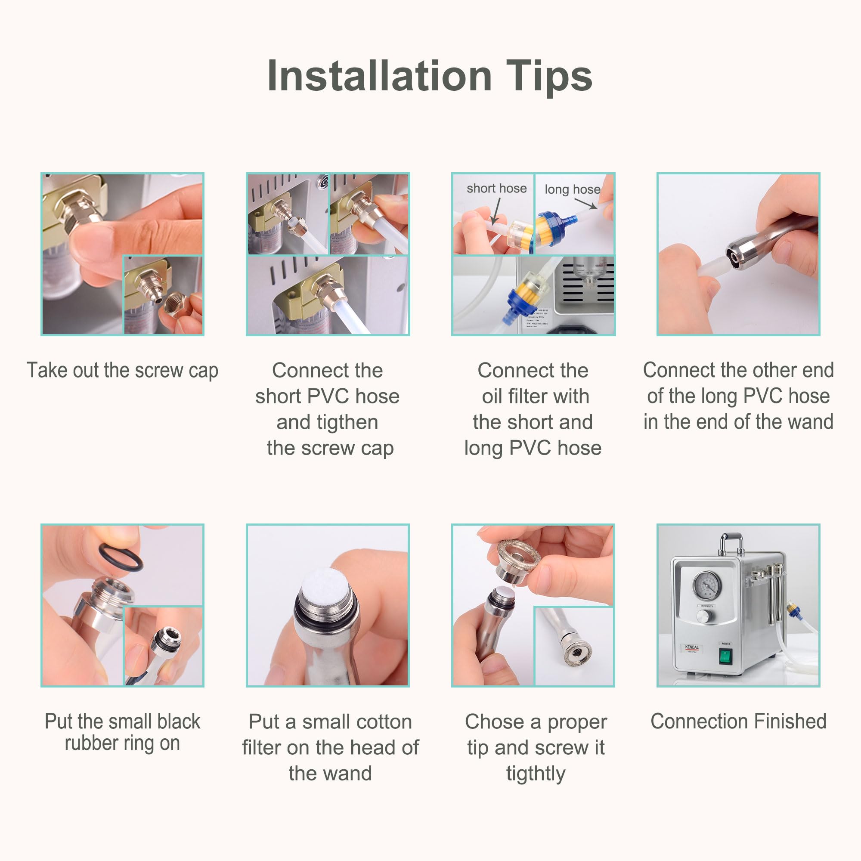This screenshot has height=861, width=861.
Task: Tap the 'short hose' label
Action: coord(496,189)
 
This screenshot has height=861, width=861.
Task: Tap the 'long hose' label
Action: coord(572,189)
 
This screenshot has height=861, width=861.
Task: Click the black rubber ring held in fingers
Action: coord(121,557)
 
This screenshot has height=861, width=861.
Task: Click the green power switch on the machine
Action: coord(725,657)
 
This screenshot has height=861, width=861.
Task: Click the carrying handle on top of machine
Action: coord(731,542)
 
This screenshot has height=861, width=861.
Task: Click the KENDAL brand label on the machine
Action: coord(692,647)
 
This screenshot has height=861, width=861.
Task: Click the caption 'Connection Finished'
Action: coord(738,722)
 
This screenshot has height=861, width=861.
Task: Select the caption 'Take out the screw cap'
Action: coord(123,370)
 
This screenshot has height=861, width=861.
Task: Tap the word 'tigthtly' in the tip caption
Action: coord(535,773)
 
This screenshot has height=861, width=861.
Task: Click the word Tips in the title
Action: coord(548,76)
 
